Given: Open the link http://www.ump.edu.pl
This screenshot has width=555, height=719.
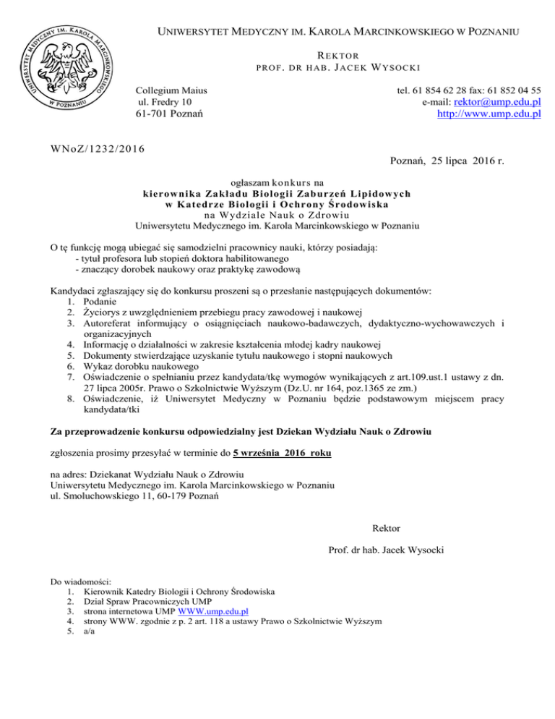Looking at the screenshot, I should pyautogui.click(x=489, y=115).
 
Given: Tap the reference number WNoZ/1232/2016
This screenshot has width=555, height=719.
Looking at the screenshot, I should pyautogui.click(x=97, y=149).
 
